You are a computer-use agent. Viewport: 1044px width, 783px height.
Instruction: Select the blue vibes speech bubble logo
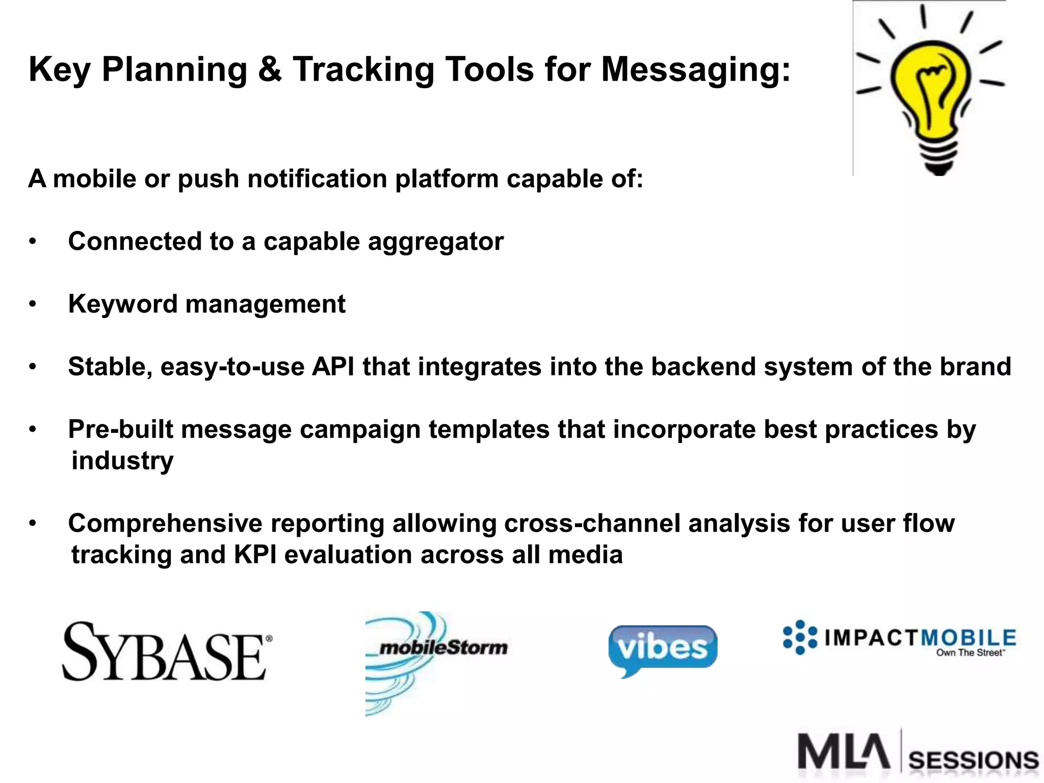point(662,648)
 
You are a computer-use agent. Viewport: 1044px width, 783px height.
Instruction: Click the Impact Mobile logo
point(900,638)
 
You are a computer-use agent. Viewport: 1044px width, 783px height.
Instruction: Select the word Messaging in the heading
point(695,69)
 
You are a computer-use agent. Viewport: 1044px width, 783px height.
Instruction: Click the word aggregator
point(435,242)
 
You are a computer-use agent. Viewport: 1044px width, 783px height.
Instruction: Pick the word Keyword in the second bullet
point(122,304)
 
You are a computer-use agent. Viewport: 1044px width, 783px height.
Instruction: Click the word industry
point(122,461)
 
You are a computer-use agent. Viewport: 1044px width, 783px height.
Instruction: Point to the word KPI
point(255,555)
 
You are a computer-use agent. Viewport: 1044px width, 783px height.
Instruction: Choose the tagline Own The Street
point(970,653)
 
